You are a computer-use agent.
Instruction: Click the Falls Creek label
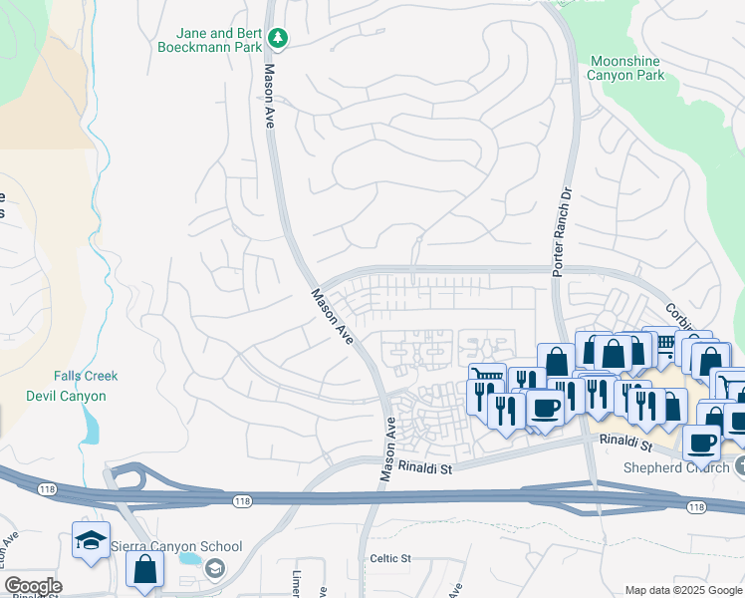click(x=86, y=376)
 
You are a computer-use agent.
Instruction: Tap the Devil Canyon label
click(x=66, y=396)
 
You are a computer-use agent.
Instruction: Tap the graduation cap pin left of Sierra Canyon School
click(x=90, y=541)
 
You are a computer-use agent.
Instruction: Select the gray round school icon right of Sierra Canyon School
click(x=214, y=567)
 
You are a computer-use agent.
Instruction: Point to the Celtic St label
click(x=390, y=559)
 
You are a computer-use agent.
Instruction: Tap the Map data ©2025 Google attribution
click(x=682, y=590)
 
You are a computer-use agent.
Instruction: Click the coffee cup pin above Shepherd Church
click(x=702, y=442)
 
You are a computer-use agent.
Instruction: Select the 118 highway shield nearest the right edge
click(x=695, y=508)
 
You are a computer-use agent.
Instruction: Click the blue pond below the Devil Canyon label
click(x=92, y=427)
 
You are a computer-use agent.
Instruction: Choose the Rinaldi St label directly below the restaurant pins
click(x=624, y=440)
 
